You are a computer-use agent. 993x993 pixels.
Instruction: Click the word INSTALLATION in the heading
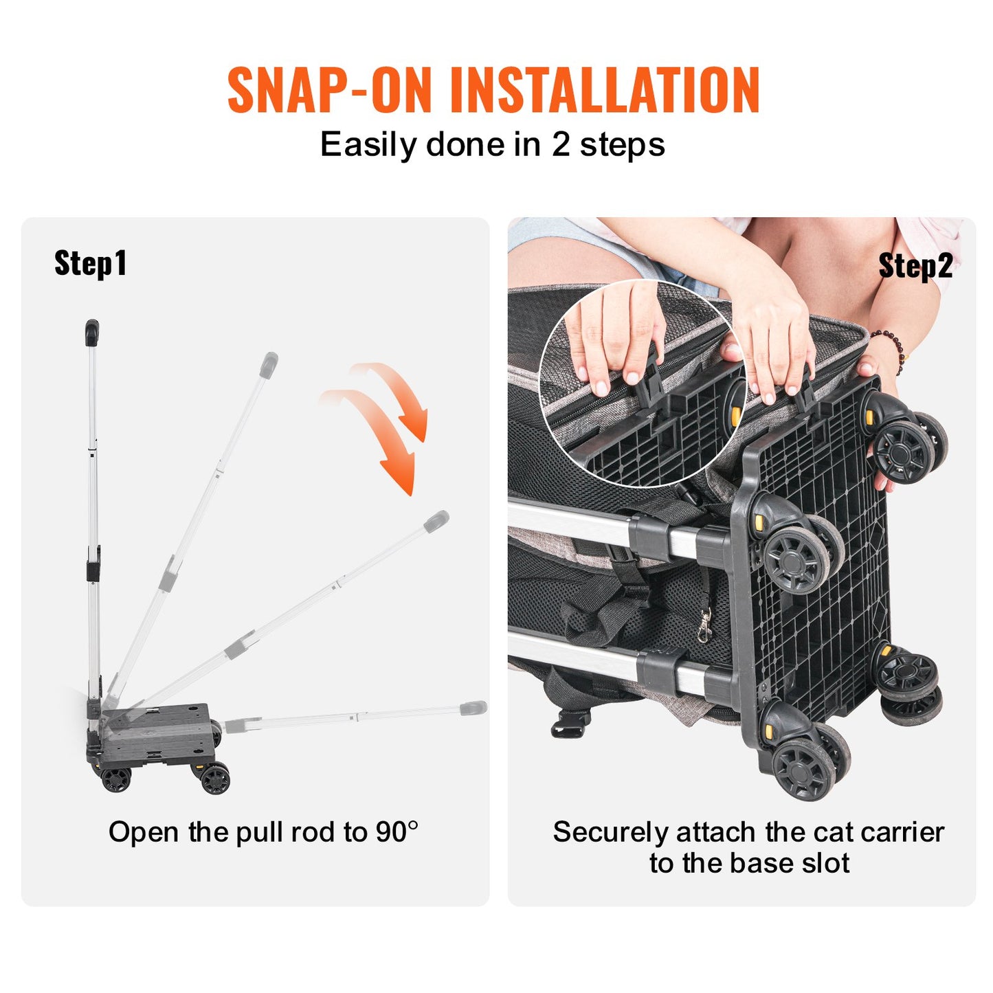click(604, 90)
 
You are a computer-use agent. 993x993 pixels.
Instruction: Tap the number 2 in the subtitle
click(561, 145)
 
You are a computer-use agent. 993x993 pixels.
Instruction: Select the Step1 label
click(90, 263)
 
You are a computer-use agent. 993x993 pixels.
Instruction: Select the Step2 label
click(915, 266)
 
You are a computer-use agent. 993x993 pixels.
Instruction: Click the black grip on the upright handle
click(92, 333)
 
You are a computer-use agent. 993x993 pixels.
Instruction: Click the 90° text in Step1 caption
click(397, 832)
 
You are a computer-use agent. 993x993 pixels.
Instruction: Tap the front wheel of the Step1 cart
click(215, 779)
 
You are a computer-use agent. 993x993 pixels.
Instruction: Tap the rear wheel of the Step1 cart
click(115, 779)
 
